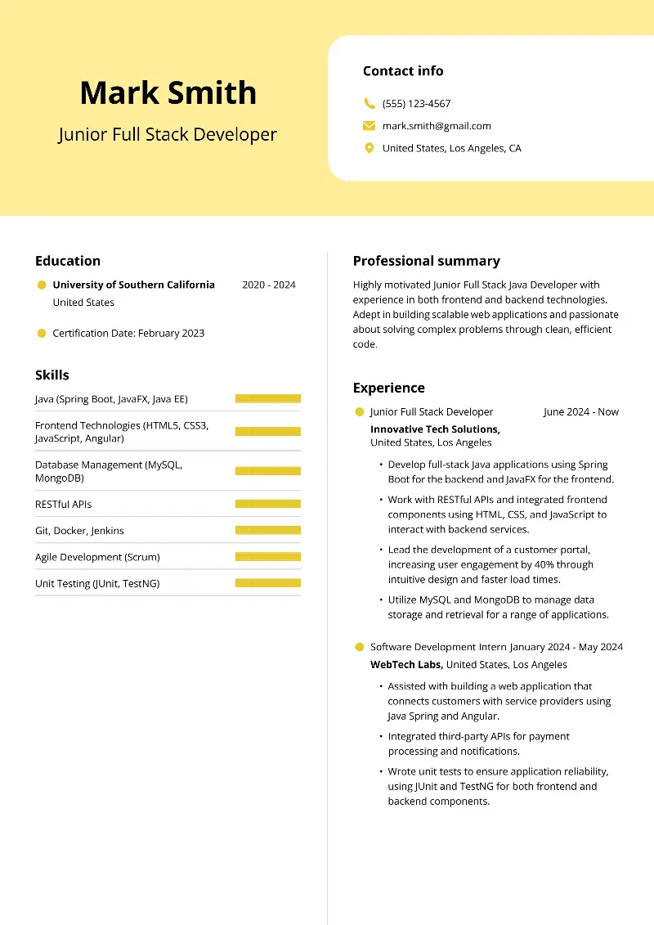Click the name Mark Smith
[168, 93]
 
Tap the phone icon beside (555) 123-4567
[370, 104]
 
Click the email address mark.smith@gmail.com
[437, 126]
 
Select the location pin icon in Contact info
[370, 148]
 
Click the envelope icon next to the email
[370, 126]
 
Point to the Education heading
[68, 261]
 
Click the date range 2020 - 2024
[269, 285]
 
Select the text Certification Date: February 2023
[128, 333]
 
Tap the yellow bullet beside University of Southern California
[42, 285]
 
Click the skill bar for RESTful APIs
[268, 504]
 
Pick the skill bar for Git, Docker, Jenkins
[268, 530]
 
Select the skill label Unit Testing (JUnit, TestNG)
[97, 583]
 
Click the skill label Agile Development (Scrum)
[97, 557]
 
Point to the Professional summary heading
[426, 261]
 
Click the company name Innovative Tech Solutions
[435, 429]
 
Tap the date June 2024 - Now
[581, 411]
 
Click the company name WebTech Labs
[406, 664]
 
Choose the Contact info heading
[403, 71]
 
